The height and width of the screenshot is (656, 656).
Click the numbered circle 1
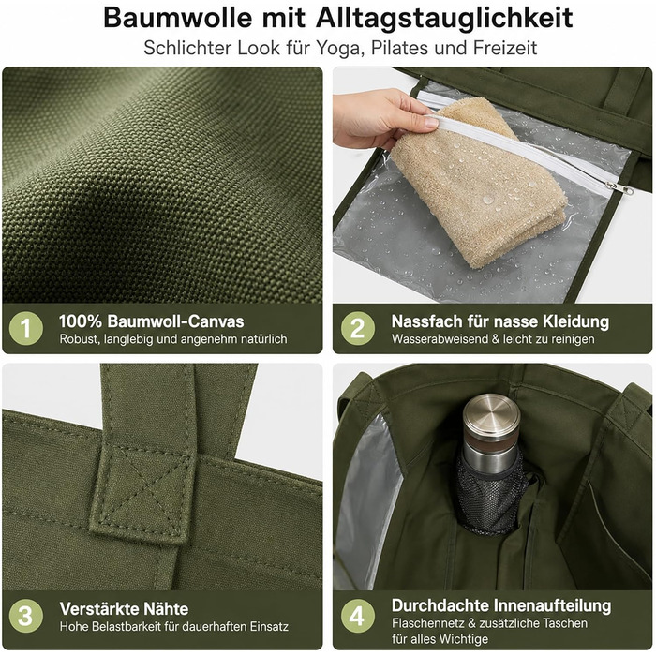[x=26, y=328]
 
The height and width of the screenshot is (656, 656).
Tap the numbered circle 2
[x=358, y=328]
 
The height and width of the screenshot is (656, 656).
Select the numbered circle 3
[x=26, y=616]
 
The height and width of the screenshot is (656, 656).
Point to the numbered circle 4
[x=358, y=616]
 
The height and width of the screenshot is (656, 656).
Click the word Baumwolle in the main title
[x=178, y=18]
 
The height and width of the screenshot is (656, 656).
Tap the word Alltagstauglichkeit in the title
[x=444, y=19]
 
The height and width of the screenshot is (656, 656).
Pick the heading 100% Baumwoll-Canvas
[x=152, y=321]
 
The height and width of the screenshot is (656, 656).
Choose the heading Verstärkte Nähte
[x=124, y=609]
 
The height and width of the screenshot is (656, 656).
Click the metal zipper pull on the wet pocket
[x=619, y=187]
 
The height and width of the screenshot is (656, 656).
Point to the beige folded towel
[x=479, y=183]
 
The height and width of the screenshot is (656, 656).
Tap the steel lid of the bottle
[x=492, y=415]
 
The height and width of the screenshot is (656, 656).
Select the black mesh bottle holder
[x=490, y=495]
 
